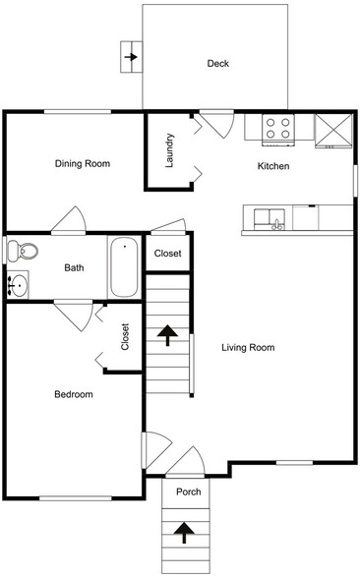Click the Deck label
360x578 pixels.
[x=217, y=64]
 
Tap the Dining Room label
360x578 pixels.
[x=82, y=163]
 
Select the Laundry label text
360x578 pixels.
[x=170, y=151]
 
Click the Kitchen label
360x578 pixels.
[x=272, y=166]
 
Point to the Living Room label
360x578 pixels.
[x=247, y=347]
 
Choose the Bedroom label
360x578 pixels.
[x=73, y=394]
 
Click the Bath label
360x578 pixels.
[x=74, y=267]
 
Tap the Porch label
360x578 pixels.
[x=188, y=491]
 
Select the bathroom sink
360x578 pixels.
[x=18, y=286]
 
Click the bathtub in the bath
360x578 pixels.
[x=125, y=267]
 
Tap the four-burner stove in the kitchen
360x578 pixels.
[x=278, y=128]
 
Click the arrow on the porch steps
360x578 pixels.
[x=183, y=533]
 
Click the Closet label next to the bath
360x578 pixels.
[x=168, y=254]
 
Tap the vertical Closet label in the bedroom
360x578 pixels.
[x=125, y=337]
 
